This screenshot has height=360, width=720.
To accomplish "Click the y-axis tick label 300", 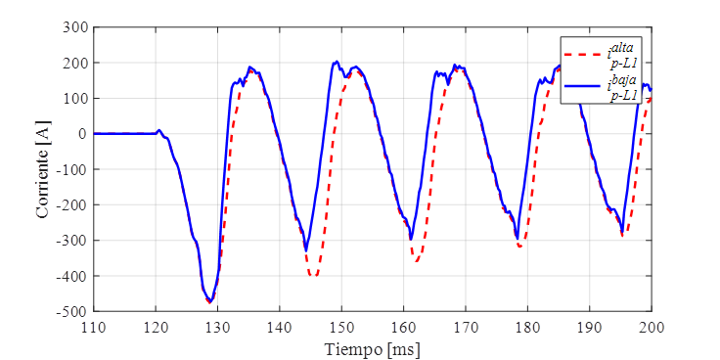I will pos(76,27).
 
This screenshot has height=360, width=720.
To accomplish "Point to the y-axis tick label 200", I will pos(76,63).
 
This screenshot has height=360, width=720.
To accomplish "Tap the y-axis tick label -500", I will pos(74,312).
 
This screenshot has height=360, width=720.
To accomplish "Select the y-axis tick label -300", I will pos(74,241).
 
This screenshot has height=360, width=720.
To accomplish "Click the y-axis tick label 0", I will pos(83,134).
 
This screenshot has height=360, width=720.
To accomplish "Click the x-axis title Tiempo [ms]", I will pos(373,347).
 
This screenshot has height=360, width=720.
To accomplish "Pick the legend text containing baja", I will pos(624,88).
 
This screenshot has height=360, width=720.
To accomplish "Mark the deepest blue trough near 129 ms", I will pos(209,301).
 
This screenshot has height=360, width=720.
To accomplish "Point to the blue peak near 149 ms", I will pos(336,62).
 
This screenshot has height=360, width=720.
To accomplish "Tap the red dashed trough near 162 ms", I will pos(417,261).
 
